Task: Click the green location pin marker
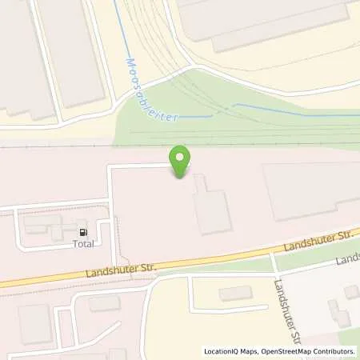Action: click(181, 158)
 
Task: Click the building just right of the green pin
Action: click(213, 204)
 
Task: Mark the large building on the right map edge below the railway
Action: click(312, 190)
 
